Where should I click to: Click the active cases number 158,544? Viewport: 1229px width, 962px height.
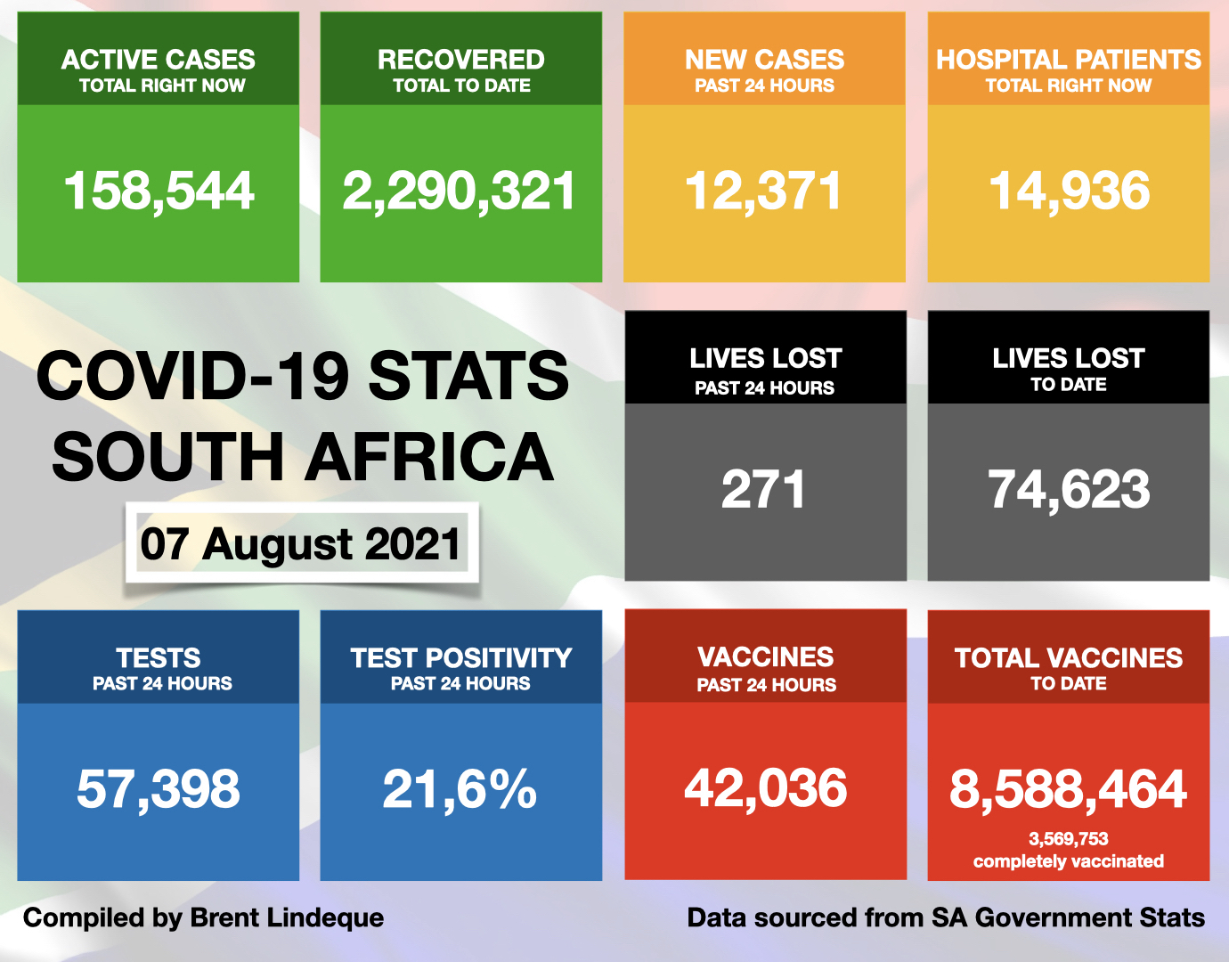click(x=159, y=192)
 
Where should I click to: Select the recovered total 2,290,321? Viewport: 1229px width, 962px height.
click(x=460, y=192)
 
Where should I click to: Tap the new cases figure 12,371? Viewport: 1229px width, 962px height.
click(x=763, y=192)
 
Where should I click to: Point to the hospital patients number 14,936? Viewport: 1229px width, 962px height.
click(x=1069, y=192)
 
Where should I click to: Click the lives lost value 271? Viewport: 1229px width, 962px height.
click(x=763, y=490)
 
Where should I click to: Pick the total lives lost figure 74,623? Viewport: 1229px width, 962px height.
click(x=1069, y=490)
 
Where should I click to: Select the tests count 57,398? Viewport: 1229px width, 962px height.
click(x=159, y=789)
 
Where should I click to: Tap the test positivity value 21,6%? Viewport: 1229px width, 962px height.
click(x=460, y=789)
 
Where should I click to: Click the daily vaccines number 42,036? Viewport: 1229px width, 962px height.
click(x=765, y=788)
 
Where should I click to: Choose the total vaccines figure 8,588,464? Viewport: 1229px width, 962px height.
click(x=1068, y=789)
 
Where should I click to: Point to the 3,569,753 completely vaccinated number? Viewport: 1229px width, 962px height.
click(x=1068, y=839)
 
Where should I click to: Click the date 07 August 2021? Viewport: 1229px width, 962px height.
click(x=301, y=543)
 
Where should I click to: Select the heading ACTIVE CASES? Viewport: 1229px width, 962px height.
click(x=159, y=60)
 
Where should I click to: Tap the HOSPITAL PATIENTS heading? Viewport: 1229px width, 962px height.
click(x=1068, y=60)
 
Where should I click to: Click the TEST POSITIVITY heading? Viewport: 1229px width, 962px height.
click(x=460, y=658)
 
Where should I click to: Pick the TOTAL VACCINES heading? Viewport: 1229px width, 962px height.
click(x=1068, y=658)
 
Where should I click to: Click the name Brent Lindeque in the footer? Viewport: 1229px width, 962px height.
click(x=287, y=917)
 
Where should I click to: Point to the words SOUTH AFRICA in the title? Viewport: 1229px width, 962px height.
click(x=303, y=457)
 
